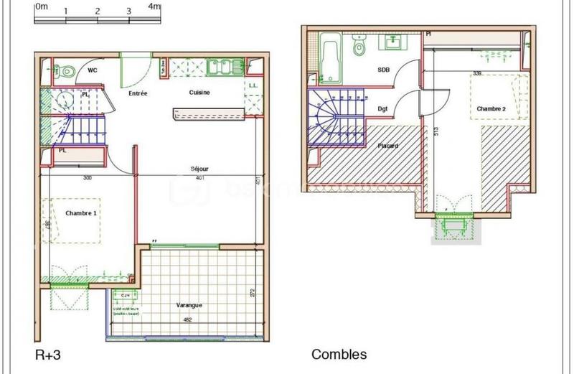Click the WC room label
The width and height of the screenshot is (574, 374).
click(x=93, y=70)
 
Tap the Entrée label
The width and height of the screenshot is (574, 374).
click(x=138, y=93)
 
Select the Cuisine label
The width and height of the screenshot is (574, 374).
click(x=199, y=93)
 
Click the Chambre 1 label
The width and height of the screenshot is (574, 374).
click(x=80, y=213)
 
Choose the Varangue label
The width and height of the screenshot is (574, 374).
click(x=189, y=305)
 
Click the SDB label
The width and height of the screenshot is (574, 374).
click(x=384, y=70)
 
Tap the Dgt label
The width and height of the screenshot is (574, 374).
click(x=382, y=109)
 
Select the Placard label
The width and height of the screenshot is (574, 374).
click(x=388, y=146)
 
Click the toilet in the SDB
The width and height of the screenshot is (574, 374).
click(x=360, y=47)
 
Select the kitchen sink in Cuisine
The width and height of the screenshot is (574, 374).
click(x=222, y=67)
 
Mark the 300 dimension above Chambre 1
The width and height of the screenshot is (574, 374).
click(x=88, y=178)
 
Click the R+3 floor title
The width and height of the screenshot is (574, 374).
click(x=48, y=355)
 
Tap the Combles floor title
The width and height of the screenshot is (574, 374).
click(x=339, y=355)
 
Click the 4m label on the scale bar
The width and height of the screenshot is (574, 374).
click(x=154, y=6)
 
